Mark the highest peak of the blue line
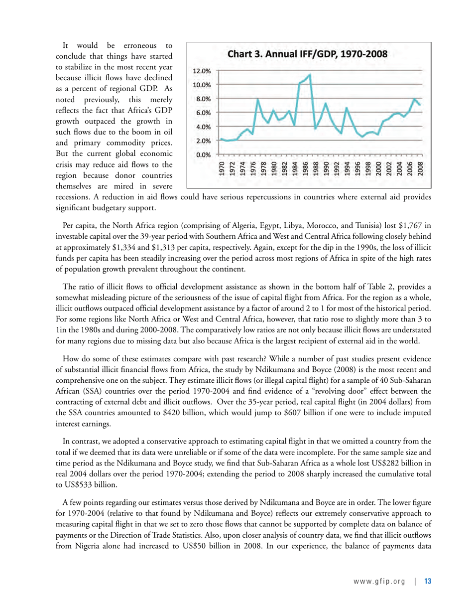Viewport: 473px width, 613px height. point(310,75)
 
